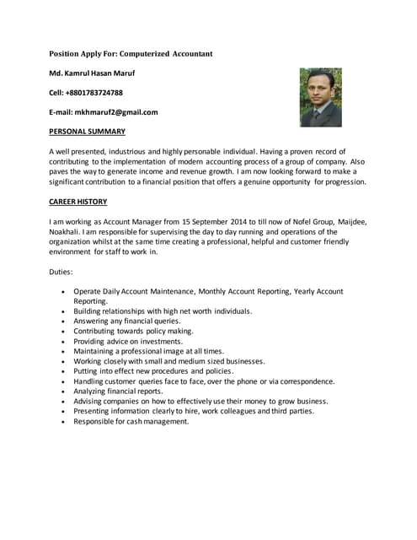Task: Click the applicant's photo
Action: tap(321, 97)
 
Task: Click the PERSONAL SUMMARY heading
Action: tap(88, 132)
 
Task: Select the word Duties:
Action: tap(61, 272)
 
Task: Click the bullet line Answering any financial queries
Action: tap(126, 321)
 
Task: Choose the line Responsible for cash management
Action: tap(131, 422)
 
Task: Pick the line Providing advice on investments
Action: tap(127, 341)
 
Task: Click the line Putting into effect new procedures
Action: tap(152, 371)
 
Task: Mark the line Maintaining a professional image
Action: tap(148, 351)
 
